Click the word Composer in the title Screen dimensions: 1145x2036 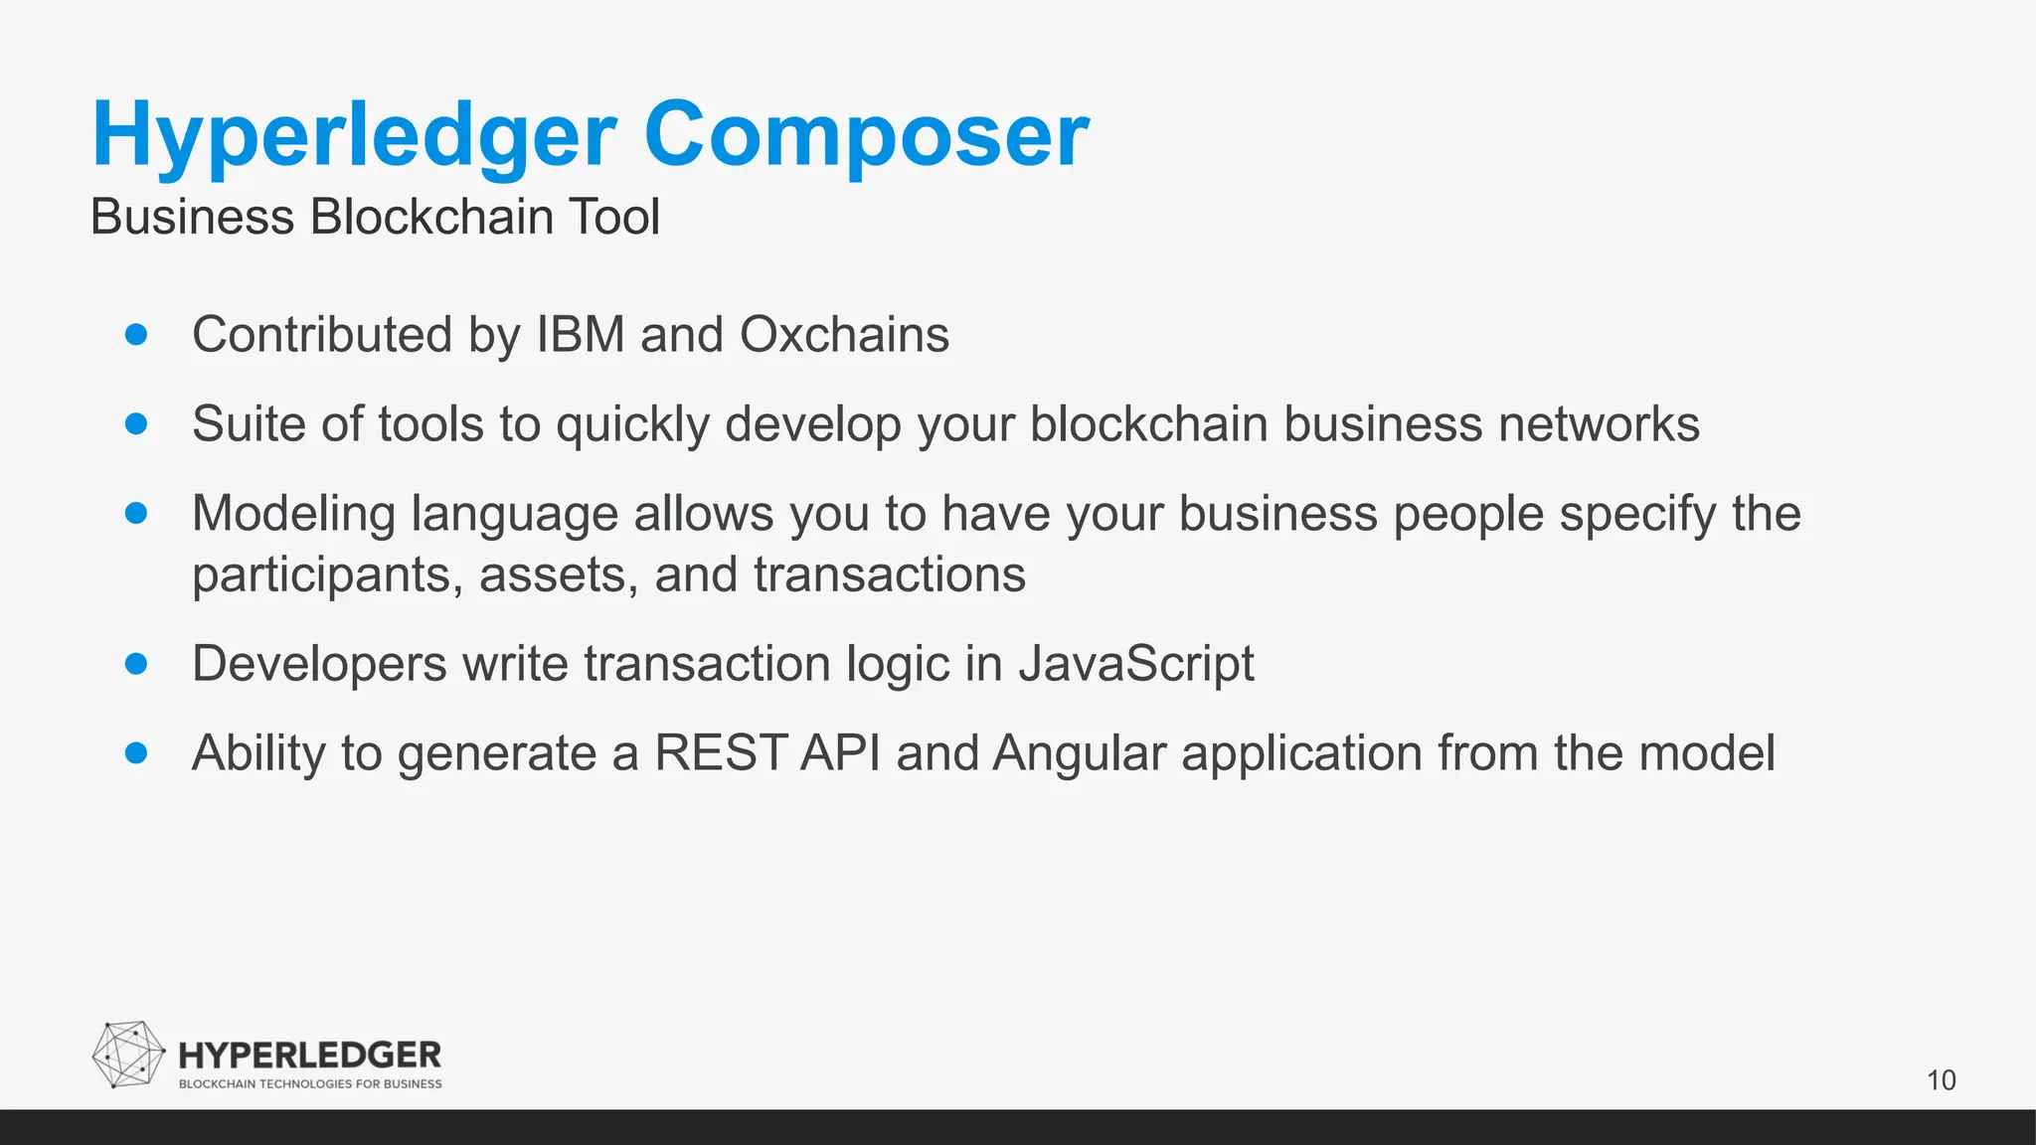(x=866, y=135)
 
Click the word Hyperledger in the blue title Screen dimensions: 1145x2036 (x=354, y=135)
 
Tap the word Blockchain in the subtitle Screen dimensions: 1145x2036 (x=431, y=217)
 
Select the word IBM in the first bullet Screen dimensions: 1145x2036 (x=581, y=335)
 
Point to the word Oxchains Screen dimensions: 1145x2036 (x=844, y=335)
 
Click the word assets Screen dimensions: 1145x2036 (x=558, y=575)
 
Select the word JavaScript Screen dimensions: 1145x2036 (x=1135, y=664)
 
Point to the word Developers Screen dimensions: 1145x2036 (x=319, y=664)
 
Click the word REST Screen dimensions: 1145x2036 (x=721, y=753)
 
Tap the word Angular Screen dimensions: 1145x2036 (x=1079, y=753)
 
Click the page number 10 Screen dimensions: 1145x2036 (x=1941, y=1080)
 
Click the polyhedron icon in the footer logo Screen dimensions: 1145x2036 (x=128, y=1055)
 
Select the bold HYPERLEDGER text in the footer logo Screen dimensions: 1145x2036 (x=310, y=1055)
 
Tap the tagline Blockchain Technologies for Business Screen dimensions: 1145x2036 (x=310, y=1084)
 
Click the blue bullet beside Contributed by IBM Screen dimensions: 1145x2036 (x=136, y=335)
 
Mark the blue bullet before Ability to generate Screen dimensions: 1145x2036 (x=136, y=753)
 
